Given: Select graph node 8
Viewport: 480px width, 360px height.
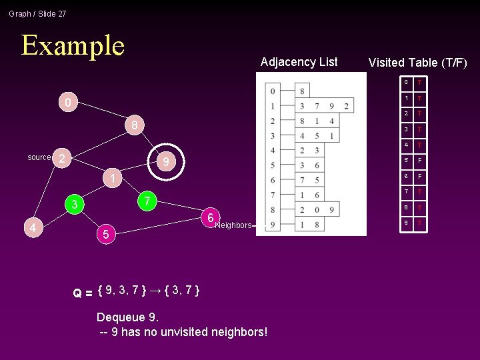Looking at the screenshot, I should click(134, 125).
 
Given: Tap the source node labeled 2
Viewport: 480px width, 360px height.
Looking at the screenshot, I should click(61, 158).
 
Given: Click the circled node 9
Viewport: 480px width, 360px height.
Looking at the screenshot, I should click(166, 162).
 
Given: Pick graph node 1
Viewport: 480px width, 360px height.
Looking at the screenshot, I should click(114, 179).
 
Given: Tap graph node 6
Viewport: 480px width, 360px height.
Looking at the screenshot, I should click(210, 218).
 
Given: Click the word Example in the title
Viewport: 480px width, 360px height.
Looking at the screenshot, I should click(73, 45).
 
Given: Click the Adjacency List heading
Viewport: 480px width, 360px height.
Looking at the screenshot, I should click(299, 62).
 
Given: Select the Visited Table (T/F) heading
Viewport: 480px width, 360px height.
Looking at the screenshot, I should click(417, 63).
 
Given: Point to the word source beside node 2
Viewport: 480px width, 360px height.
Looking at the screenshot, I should click(39, 157).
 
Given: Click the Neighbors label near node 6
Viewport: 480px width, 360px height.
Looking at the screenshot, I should click(233, 225).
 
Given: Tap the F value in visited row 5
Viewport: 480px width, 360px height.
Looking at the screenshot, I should click(420, 161).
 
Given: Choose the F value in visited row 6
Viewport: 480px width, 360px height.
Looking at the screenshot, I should click(420, 177).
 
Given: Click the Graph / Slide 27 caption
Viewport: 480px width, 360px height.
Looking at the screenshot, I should click(37, 13).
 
